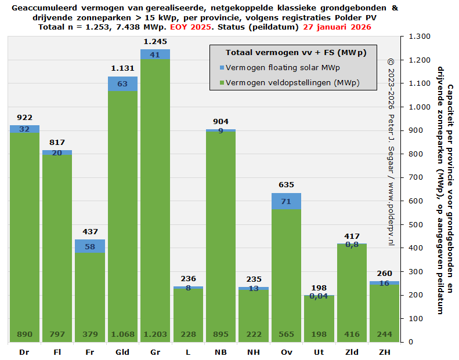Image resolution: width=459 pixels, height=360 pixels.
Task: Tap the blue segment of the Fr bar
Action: tap(90, 246)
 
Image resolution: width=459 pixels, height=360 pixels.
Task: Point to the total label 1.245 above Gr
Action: tap(155, 41)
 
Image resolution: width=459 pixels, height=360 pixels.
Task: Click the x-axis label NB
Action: tap(221, 352)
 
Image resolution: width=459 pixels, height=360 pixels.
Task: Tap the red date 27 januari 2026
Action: tap(336, 27)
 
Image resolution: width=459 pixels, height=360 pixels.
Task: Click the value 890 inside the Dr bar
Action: tap(24, 334)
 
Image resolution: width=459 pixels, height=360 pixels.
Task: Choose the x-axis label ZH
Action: tap(384, 352)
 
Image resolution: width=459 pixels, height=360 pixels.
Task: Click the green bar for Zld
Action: tap(352, 290)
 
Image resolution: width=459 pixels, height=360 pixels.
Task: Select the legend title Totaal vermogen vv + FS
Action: tap(296, 53)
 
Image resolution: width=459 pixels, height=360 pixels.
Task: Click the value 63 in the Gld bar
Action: tap(122, 83)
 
